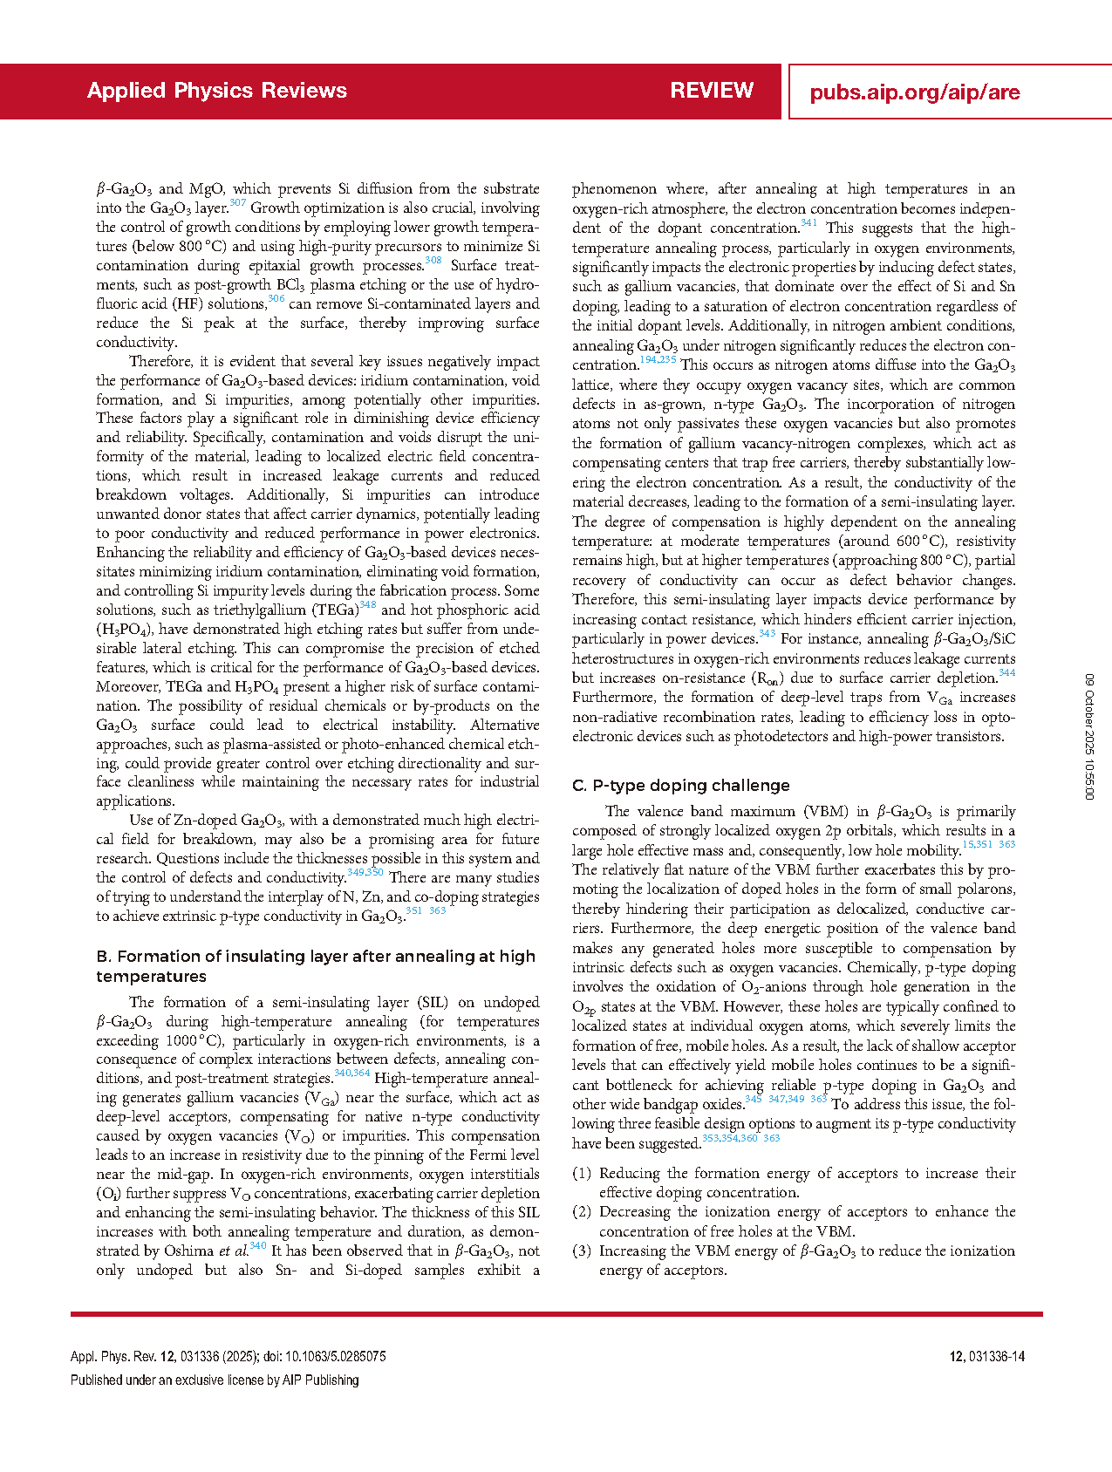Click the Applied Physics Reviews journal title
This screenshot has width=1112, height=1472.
217,91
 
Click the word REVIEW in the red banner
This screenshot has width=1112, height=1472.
712,91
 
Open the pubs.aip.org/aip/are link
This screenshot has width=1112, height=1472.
914,92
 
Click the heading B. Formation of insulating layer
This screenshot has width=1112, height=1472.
316,966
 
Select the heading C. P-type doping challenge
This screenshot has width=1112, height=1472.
680,786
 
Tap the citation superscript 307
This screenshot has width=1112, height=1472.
238,203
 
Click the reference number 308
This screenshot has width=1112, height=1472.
433,261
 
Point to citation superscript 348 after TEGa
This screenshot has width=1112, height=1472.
367,605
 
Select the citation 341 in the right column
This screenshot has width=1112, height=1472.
808,223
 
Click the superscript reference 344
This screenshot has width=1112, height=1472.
1006,673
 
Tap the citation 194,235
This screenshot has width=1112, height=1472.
658,360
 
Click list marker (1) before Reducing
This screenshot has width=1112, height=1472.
582,1174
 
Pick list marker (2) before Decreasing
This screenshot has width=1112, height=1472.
582,1212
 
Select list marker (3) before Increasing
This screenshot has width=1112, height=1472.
582,1251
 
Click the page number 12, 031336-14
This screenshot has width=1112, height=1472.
986,1357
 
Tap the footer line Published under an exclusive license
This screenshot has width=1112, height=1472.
215,1380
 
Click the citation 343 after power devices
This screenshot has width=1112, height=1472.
767,634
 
